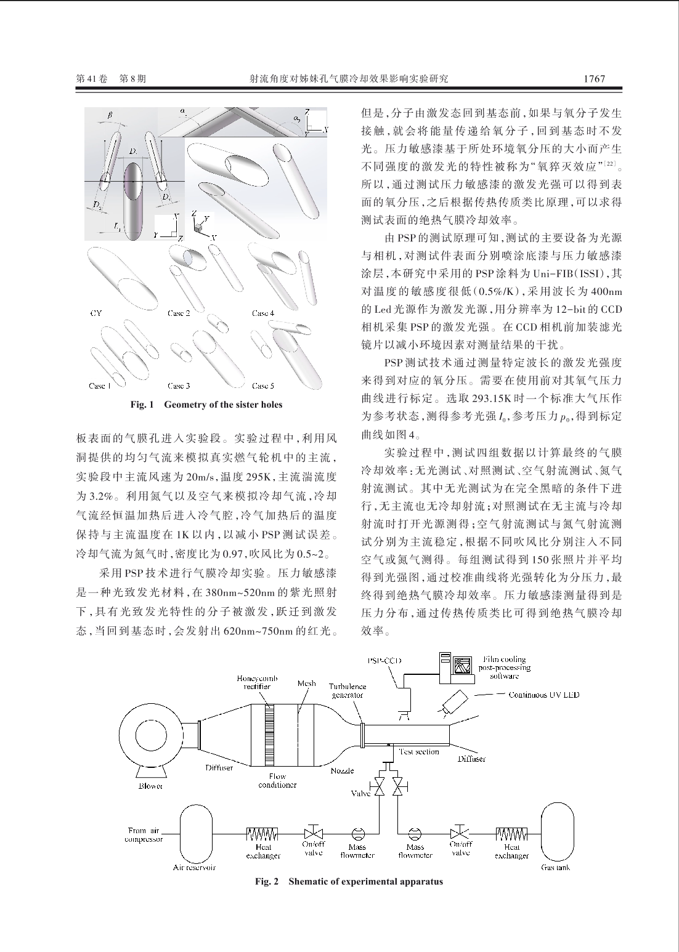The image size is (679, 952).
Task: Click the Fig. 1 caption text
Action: [206, 405]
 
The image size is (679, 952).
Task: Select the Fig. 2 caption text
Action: [349, 881]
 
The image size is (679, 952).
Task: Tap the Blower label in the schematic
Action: [150, 786]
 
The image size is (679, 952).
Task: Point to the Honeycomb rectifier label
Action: [257, 682]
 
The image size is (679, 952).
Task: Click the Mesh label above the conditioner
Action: [306, 684]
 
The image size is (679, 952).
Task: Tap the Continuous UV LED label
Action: [543, 695]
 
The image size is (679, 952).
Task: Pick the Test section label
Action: [419, 751]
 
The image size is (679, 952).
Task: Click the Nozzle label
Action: [342, 770]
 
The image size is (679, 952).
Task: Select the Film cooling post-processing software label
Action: [504, 668]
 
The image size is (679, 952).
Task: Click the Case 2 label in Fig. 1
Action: [179, 313]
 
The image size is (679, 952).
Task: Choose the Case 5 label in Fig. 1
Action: [262, 385]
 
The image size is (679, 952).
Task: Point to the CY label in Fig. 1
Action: [96, 313]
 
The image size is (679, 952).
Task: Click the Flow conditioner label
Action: [277, 781]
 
